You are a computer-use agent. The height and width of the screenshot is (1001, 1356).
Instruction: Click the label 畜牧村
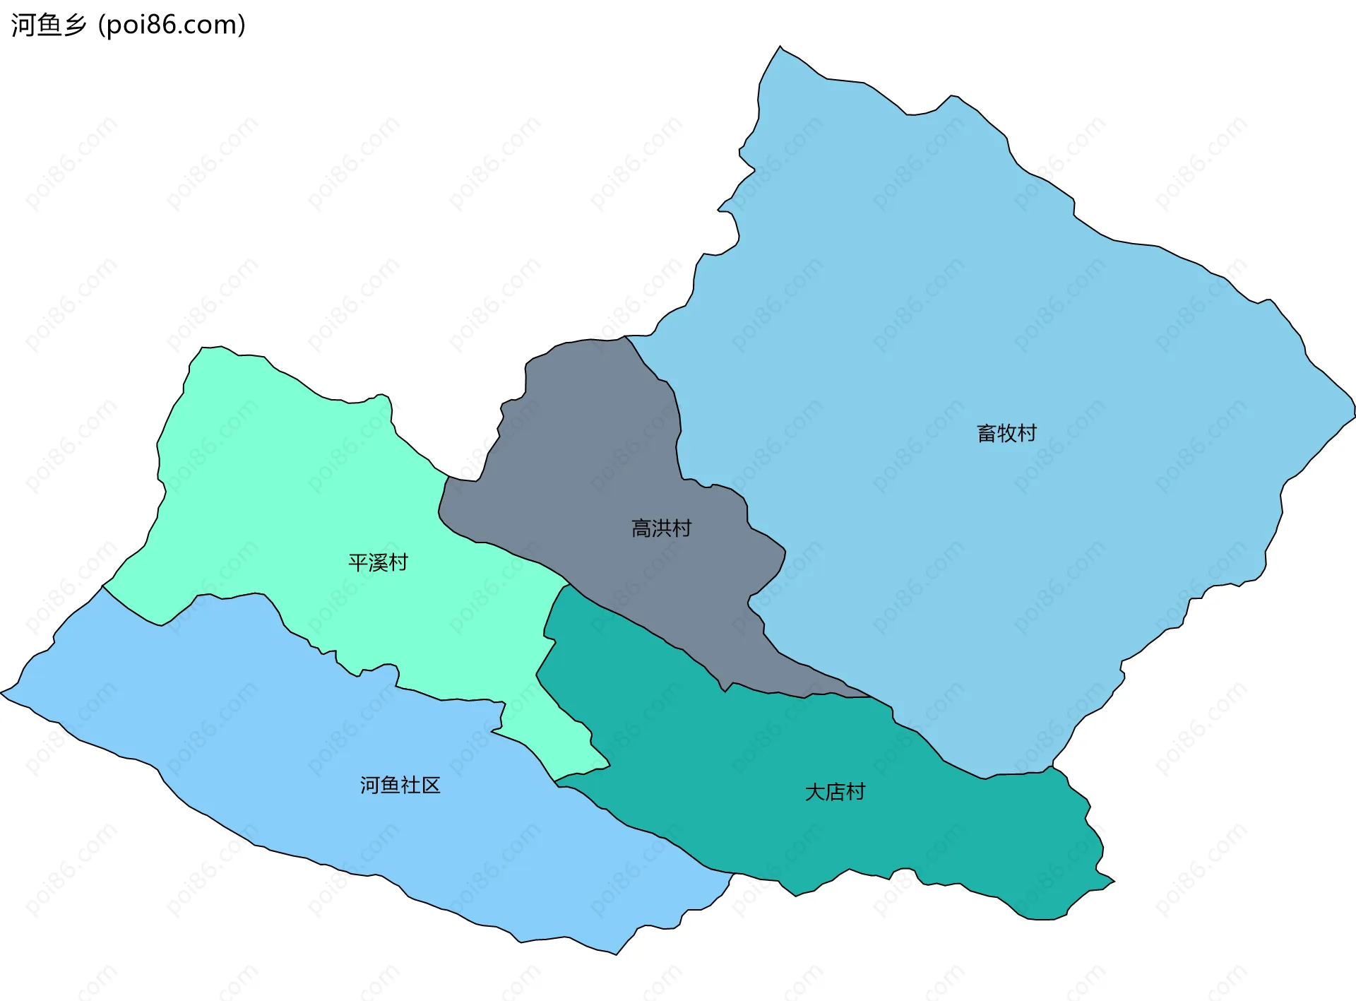point(1006,433)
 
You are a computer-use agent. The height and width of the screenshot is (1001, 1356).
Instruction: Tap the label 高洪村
point(661,528)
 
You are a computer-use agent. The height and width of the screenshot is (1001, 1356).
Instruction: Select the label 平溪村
point(378,562)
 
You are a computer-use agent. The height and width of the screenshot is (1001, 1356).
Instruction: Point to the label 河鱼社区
point(400,785)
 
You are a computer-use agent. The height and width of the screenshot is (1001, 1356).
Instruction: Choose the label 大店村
point(835,792)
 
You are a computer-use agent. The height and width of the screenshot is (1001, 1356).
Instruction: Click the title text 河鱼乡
point(48,25)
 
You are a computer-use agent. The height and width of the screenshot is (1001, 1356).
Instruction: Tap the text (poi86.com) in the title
point(172,25)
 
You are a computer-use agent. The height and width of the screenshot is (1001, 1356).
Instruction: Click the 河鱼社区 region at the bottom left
point(282,742)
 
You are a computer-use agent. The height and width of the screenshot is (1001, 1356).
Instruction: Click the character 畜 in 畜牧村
point(987,433)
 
